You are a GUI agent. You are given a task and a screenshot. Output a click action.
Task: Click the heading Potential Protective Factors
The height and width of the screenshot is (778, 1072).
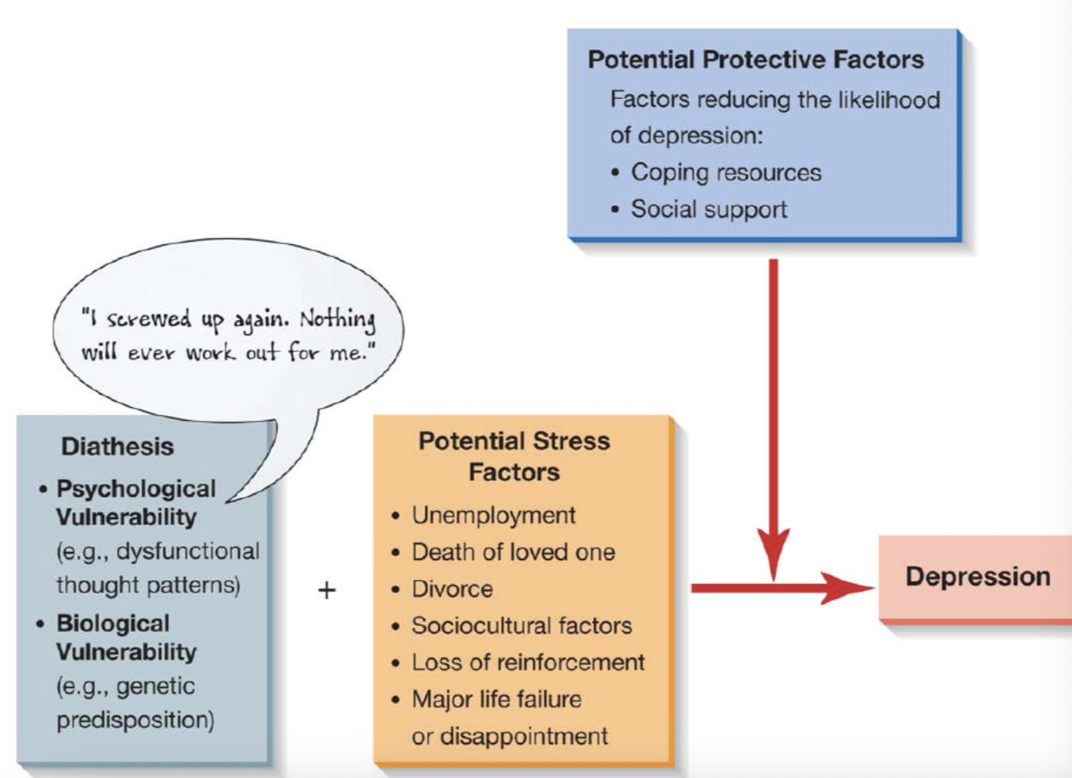coord(755,60)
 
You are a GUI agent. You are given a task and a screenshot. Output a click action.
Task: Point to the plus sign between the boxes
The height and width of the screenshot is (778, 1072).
coord(327,590)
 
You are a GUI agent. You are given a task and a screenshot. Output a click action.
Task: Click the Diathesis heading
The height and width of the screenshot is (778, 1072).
coord(117,447)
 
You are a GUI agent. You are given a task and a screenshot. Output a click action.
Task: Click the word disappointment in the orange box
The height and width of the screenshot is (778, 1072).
coord(524,737)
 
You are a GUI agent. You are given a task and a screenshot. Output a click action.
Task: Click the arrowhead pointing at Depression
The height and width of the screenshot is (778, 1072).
coord(847,588)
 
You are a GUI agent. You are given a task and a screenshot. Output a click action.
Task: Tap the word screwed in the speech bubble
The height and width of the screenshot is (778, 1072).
coord(149,318)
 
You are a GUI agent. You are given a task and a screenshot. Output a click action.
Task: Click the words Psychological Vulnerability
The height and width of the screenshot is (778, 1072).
coord(136,503)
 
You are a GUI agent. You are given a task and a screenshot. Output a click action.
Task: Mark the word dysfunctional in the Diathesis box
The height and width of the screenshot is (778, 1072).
coord(188,551)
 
